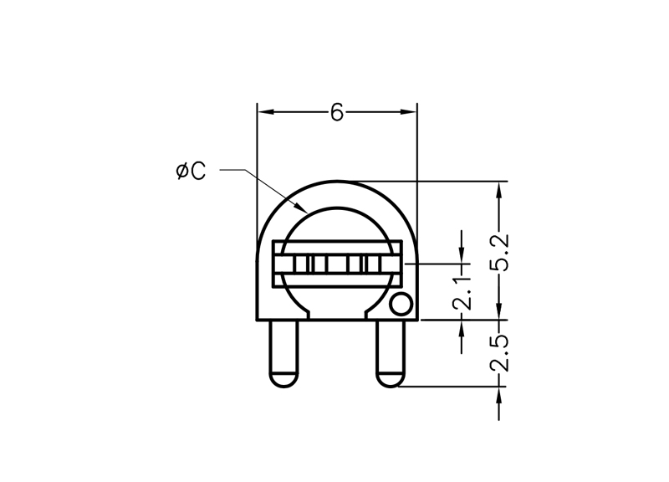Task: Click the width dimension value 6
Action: coord(337,113)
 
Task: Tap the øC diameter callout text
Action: coord(191,172)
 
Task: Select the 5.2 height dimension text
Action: coord(499,253)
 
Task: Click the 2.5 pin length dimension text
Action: coord(499,353)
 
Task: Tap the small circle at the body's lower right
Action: coord(401,305)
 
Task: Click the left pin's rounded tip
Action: coord(283,380)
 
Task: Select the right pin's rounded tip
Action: coord(390,380)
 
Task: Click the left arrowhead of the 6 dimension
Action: coord(266,112)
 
